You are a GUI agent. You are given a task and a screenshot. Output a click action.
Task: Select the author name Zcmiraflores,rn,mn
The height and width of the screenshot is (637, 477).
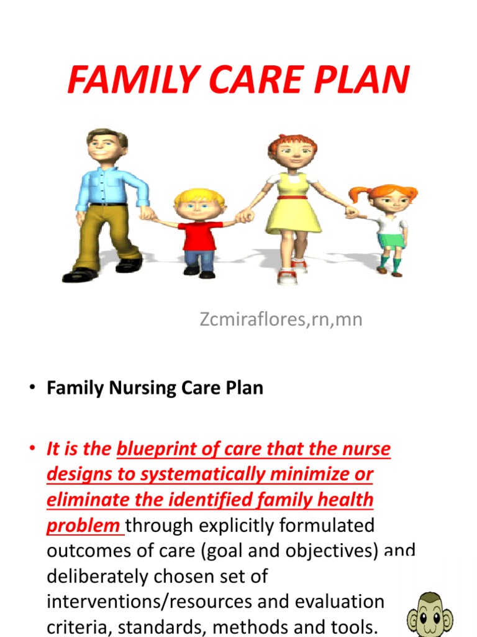281,320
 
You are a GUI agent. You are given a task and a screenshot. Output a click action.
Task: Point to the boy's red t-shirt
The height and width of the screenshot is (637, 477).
200,235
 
